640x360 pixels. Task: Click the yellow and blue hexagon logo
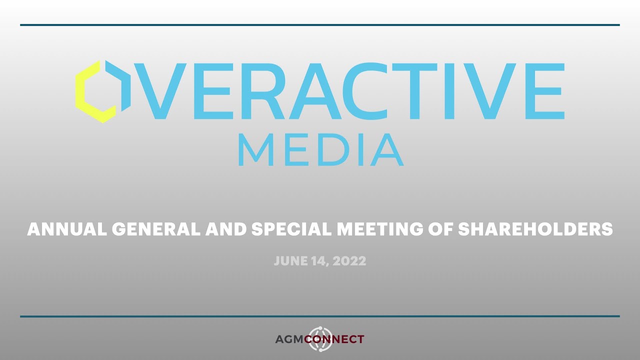point(102,91)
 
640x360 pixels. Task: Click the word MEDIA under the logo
point(320,149)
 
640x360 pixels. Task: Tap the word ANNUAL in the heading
point(66,229)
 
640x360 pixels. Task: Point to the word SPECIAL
point(290,229)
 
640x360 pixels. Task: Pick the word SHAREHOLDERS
point(535,229)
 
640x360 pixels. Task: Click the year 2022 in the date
point(351,261)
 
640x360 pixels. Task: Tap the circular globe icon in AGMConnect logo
point(319,339)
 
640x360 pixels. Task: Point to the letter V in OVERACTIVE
point(160,91)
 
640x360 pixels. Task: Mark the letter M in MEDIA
point(255,149)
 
